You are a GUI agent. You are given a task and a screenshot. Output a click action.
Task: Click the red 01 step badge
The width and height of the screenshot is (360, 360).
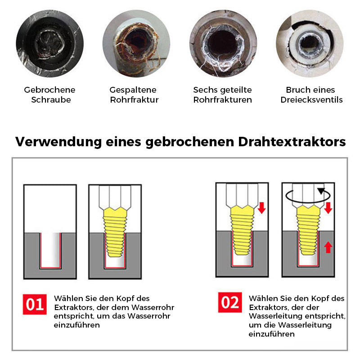pos(35,304)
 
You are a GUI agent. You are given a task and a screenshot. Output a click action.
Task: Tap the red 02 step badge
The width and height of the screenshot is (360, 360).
pos(230,302)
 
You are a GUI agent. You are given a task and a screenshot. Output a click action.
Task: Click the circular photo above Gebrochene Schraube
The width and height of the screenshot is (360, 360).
pos(50,44)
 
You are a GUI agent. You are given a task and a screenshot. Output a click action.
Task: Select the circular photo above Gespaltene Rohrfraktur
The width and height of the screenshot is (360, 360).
pos(136,44)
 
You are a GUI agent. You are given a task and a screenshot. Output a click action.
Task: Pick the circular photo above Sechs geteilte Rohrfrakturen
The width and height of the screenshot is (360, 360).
pos(223,44)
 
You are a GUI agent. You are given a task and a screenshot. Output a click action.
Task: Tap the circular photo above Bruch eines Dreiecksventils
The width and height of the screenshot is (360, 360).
pos(310,44)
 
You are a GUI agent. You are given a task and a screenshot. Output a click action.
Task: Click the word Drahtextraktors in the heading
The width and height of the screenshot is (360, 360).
pos(292,142)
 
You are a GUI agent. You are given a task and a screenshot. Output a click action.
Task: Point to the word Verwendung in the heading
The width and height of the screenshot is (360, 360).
pos(58,142)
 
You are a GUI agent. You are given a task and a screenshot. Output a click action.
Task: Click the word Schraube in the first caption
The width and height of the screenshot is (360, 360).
pos(51,100)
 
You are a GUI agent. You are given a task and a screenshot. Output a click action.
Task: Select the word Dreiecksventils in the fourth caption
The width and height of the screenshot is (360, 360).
pos(311,100)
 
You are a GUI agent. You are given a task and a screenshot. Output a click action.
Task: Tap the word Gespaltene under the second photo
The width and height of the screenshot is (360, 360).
pos(133,90)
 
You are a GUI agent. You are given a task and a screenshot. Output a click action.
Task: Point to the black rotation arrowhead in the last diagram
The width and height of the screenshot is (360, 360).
pos(321,191)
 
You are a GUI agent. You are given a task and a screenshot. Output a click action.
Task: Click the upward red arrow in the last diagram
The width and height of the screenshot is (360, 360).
pos(328,247)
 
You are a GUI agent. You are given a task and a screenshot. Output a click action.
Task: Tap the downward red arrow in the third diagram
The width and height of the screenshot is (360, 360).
pos(261,208)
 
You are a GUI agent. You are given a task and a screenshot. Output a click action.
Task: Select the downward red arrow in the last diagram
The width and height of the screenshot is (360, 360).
pos(328,208)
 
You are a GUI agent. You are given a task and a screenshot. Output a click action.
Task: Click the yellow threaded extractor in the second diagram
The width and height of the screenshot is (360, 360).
pos(115,232)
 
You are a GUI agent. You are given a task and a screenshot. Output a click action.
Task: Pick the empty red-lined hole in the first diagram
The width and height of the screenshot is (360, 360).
pos(50,251)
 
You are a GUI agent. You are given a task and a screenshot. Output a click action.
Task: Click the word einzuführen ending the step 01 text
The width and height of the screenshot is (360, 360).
pos(76,325)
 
